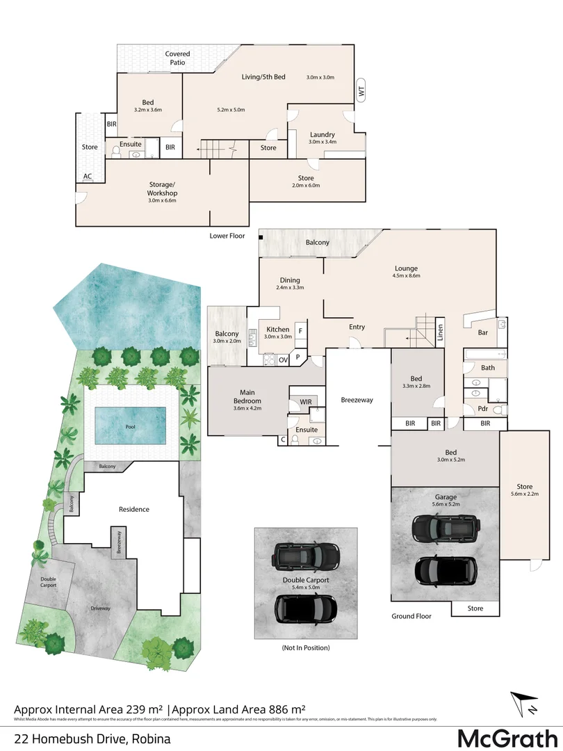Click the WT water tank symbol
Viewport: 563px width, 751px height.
pos(360,90)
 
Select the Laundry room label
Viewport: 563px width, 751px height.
pos(323,135)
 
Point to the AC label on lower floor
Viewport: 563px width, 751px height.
pos(88,177)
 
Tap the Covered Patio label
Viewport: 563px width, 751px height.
pos(177,58)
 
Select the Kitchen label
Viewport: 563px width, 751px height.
pos(278,329)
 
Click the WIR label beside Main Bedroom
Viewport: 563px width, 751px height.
pos(305,402)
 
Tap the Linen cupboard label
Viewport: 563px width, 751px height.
pos(440,332)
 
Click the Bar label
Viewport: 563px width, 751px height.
pos(483,333)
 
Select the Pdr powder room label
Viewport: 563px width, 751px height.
pos(482,409)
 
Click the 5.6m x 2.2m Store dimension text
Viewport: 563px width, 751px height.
pos(523,494)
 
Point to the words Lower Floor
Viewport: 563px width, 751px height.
pos(227,236)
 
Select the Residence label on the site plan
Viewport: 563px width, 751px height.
pos(134,509)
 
